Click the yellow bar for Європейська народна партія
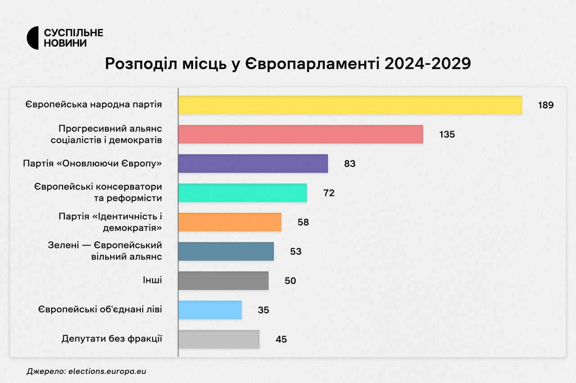[x=350, y=105]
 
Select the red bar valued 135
[x=300, y=134]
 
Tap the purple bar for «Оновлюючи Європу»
[x=253, y=164]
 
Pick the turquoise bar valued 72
[x=242, y=193]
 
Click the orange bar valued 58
[x=229, y=222]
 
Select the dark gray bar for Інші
[x=223, y=281]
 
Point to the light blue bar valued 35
[x=210, y=310]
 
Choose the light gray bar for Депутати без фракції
[x=219, y=339]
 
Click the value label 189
[x=545, y=105]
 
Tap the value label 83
[x=350, y=164]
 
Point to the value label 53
[x=296, y=251]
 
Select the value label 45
[x=281, y=339]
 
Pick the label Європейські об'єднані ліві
[x=100, y=310]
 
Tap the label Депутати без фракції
[x=112, y=339]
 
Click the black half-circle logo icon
[x=33, y=38]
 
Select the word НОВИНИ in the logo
[x=65, y=43]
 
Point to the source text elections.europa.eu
[x=108, y=372]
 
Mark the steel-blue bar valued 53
[x=225, y=251]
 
